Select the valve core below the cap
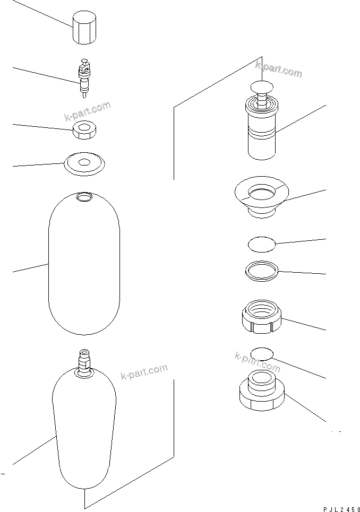coord(84,78)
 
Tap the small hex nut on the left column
coord(84,131)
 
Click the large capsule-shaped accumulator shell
coord(84,263)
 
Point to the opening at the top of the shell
coord(84,196)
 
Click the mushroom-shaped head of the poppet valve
coord(262,86)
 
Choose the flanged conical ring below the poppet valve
coord(261,197)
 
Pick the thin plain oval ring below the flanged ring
coord(262,245)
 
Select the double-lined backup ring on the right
coord(262,271)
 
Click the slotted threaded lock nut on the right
coord(261,317)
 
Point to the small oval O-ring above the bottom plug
coord(262,354)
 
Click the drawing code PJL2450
coord(341,509)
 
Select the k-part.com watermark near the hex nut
coord(87,111)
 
